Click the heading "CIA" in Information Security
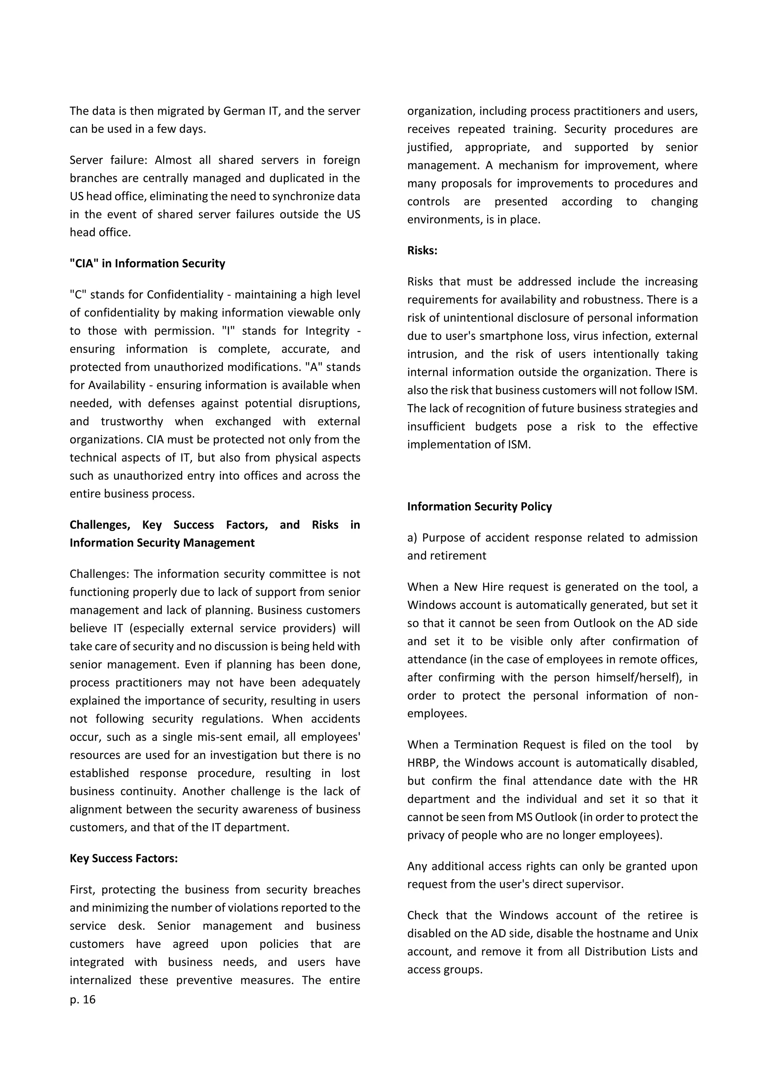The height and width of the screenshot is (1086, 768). point(147,264)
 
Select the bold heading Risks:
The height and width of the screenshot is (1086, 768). point(422,251)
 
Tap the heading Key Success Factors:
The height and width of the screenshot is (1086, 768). point(123,858)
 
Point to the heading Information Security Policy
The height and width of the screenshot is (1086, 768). point(479,507)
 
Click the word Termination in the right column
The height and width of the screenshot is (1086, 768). point(486,745)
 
